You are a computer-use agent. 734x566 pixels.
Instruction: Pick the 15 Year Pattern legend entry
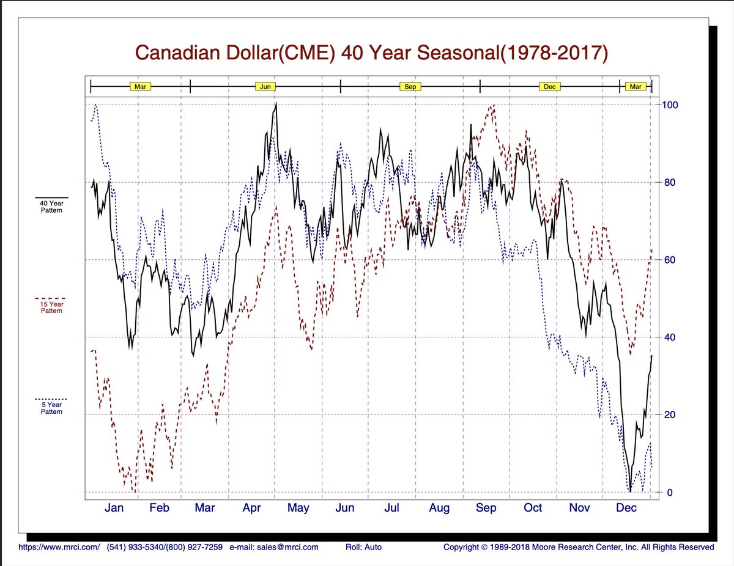point(51,307)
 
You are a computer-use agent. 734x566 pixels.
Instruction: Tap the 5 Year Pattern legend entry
point(51,408)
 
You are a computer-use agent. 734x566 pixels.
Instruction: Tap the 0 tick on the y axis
point(670,492)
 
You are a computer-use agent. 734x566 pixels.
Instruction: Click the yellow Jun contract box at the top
point(265,87)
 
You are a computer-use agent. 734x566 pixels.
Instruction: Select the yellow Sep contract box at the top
point(410,87)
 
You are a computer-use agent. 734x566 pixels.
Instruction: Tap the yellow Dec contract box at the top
point(549,87)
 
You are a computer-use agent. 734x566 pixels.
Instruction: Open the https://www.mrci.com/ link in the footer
point(59,547)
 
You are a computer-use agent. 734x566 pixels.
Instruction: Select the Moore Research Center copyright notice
point(578,547)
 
